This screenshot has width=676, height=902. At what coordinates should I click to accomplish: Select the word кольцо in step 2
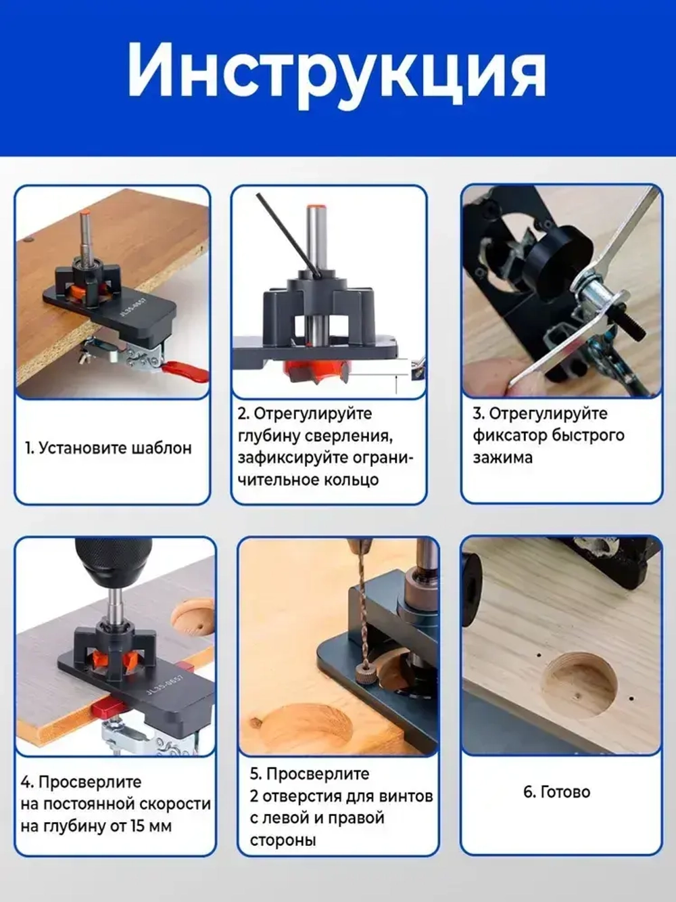pyautogui.click(x=352, y=480)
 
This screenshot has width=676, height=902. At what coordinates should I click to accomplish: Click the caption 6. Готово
pyautogui.click(x=556, y=792)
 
